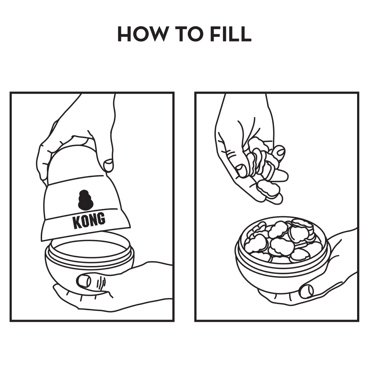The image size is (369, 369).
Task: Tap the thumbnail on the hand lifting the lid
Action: pos(109,165)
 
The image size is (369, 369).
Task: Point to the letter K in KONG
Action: pos(76,223)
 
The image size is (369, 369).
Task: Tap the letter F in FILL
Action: pos(215,34)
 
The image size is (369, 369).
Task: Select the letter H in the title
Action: pos(124,34)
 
